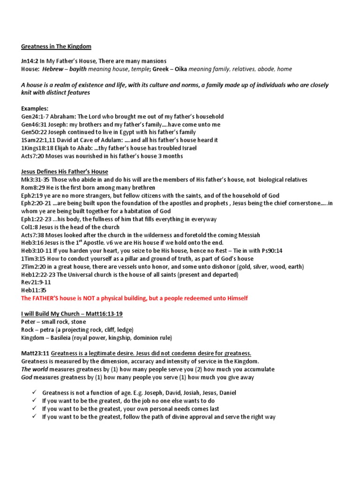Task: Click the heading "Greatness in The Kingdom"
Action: (56, 46)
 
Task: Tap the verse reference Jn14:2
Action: (30, 61)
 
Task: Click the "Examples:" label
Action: (35, 108)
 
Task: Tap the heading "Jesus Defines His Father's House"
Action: (65, 172)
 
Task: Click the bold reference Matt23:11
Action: (35, 353)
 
